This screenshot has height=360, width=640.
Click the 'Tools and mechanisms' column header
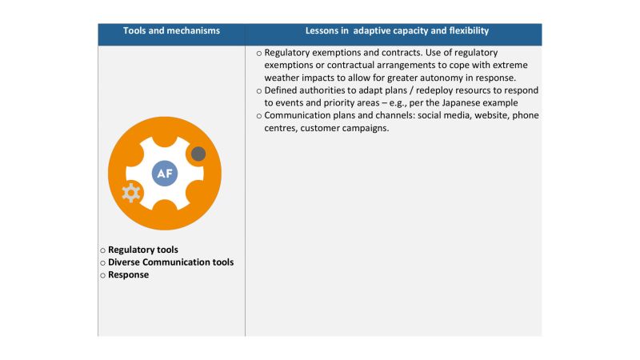[171, 30]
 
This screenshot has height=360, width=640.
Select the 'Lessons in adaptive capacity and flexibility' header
[397, 30]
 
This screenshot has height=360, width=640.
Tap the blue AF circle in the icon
[165, 173]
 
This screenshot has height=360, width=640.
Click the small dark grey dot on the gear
[198, 154]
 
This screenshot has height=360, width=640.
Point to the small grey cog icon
[130, 192]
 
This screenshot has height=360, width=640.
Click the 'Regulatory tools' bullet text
[143, 250]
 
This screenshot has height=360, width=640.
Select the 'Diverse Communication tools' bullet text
[170, 262]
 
